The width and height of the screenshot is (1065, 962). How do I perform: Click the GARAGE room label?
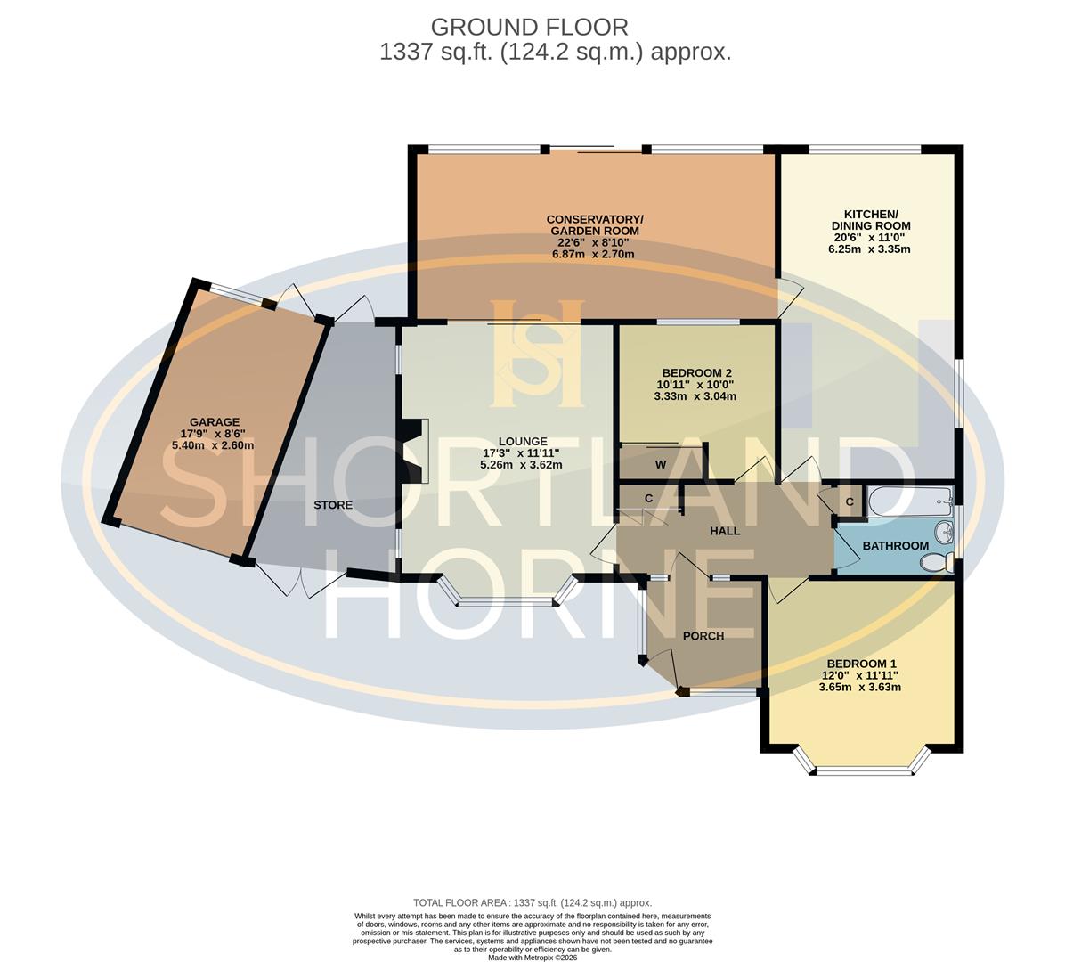214,422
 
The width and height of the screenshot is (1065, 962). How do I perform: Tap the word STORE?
333,505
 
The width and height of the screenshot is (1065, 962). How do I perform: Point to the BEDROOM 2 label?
696,372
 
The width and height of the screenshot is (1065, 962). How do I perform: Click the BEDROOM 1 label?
861,664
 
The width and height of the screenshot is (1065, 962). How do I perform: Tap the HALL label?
724,531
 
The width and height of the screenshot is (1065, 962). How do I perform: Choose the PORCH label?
703,636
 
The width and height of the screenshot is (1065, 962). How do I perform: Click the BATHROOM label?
895,545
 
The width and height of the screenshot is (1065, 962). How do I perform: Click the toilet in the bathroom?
936,563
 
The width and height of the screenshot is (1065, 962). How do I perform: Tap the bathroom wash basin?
944,533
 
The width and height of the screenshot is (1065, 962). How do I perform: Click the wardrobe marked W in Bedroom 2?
661,464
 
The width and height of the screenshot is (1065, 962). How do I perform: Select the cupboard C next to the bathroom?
849,502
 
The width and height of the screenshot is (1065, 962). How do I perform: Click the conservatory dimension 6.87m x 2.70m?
593,254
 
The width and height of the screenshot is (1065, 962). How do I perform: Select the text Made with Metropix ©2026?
532,958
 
